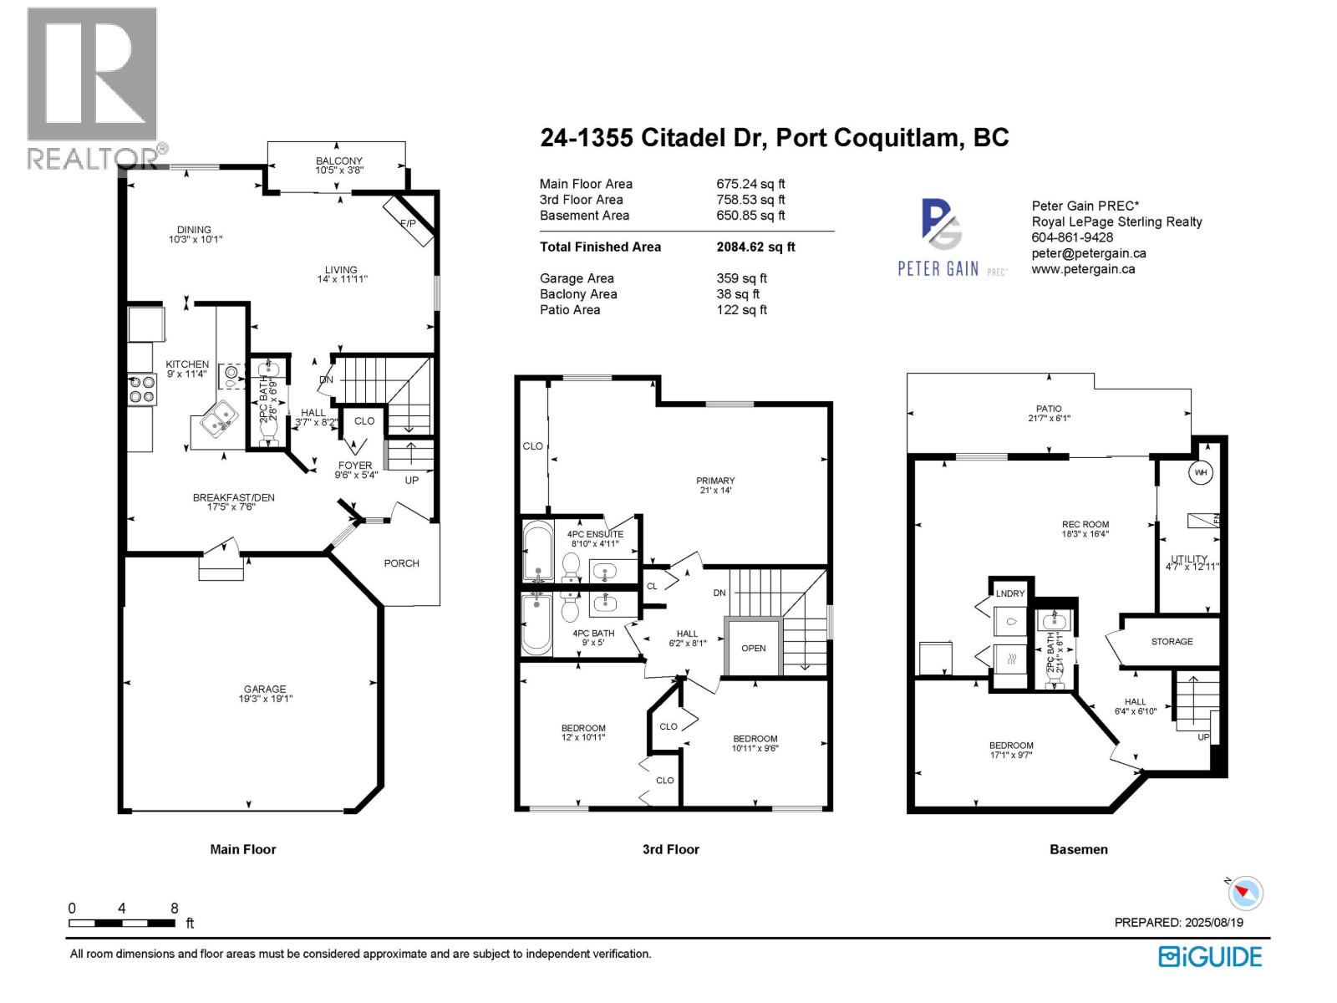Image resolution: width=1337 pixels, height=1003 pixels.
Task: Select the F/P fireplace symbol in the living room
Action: pos(409,222)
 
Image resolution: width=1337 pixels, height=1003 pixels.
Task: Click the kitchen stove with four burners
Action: pos(142,389)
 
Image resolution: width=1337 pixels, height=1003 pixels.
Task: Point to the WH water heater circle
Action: pos(1201,473)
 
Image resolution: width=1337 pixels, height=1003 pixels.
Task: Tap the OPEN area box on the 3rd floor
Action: pos(753,648)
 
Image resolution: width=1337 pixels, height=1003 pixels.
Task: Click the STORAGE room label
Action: pos(1172,641)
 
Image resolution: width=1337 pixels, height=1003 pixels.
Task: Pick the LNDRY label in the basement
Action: pos(1010,593)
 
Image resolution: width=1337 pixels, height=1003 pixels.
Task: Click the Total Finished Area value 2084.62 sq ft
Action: pos(755,247)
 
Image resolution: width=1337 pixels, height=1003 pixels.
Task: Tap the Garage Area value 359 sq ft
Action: pos(741,278)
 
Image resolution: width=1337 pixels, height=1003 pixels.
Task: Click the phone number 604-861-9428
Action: pos(1072,237)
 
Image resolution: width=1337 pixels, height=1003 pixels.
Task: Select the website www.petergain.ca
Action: pos(1083,269)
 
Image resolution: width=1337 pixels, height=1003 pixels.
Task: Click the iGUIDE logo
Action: pos(1210,956)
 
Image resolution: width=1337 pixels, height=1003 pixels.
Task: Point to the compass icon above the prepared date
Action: pos(1245,893)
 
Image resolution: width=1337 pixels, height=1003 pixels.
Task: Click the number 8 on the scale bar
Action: pos(174,909)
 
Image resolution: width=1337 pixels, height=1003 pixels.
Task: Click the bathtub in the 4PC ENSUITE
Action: pos(537,552)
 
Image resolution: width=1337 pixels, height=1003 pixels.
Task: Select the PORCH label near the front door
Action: pos(401,563)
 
